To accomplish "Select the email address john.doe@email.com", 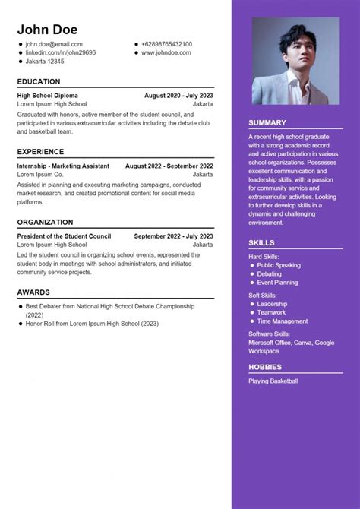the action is tap(54, 45).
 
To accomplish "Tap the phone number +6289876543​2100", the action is tap(166, 45).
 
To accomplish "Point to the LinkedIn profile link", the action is tap(61, 53).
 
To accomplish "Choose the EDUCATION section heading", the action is tap(39, 81).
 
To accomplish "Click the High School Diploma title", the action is tap(47, 96).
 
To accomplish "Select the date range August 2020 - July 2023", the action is tap(178, 96).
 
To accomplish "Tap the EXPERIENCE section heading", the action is tap(40, 151).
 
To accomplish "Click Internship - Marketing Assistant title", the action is tap(63, 166).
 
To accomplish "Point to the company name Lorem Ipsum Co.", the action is tap(39, 175).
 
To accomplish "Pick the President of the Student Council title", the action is tap(64, 236).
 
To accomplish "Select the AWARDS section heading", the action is tap(33, 292).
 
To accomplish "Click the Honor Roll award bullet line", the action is tap(92, 323).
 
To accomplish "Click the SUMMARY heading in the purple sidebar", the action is tap(267, 122).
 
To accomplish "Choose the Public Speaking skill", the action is tap(279, 265).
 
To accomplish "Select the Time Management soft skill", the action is tap(283, 321).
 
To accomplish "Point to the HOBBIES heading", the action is tap(265, 367).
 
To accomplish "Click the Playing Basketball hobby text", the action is tap(273, 381).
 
